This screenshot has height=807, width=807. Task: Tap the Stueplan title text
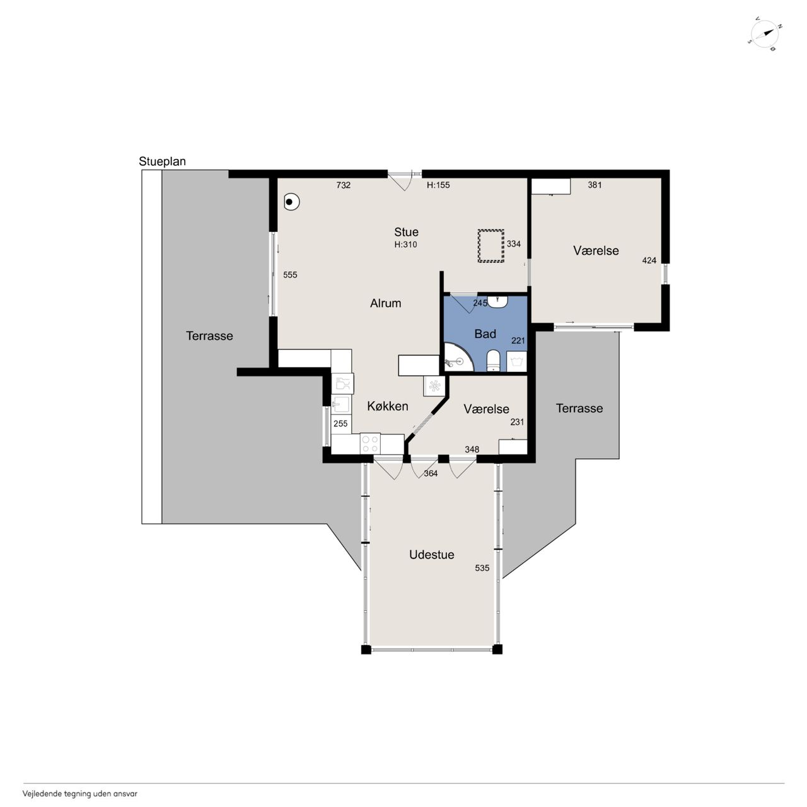[162, 161]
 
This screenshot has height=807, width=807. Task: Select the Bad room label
[485, 334]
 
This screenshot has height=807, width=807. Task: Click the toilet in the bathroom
[493, 361]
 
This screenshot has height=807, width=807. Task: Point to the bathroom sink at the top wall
[498, 301]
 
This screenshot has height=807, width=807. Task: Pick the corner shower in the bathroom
[458, 357]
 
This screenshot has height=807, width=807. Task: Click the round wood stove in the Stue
[291, 202]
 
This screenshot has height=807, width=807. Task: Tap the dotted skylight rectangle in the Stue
[491, 246]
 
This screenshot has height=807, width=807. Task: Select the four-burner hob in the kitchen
[370, 444]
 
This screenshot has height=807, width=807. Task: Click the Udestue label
[431, 554]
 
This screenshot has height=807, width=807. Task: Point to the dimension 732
[344, 185]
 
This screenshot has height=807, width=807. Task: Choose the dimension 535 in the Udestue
[482, 568]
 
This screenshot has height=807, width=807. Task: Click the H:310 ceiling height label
[405, 245]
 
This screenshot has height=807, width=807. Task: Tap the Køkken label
[387, 406]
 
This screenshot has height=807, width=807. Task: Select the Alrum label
[385, 303]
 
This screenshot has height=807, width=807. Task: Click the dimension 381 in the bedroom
[595, 185]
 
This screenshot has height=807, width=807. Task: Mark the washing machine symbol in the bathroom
[517, 361]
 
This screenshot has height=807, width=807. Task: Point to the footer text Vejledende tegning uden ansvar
[80, 794]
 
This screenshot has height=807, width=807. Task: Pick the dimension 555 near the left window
[290, 275]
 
